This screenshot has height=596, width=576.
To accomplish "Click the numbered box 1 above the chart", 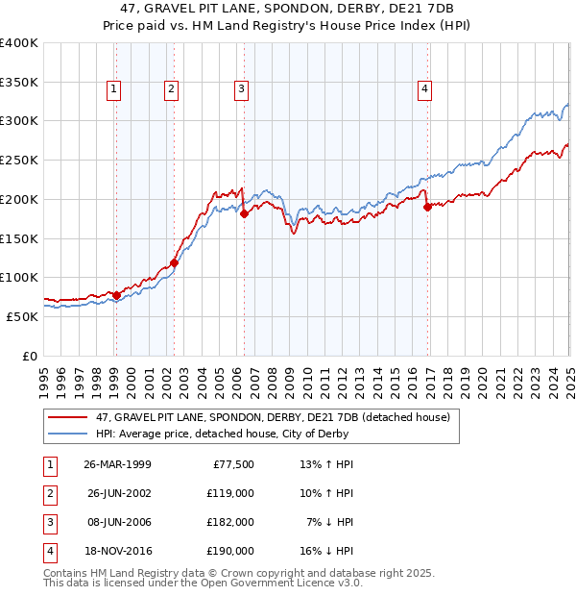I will (x=113, y=89).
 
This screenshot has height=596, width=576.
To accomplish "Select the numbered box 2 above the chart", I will (x=171, y=89).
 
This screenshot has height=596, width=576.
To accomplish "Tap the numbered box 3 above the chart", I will (x=240, y=89).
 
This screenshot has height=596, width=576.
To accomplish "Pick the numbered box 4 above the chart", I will (x=423, y=89).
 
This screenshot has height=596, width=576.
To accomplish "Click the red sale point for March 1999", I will (x=116, y=295).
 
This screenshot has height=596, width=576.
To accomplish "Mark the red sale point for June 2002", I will (x=174, y=262).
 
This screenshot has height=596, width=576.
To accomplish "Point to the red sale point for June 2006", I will (x=244, y=213).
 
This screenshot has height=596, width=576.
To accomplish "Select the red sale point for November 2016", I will (x=427, y=207).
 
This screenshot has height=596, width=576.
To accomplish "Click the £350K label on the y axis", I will (x=19, y=82).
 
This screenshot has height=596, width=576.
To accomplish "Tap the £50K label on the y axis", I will (x=23, y=316).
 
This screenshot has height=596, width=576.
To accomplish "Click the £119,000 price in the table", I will (x=231, y=493).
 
